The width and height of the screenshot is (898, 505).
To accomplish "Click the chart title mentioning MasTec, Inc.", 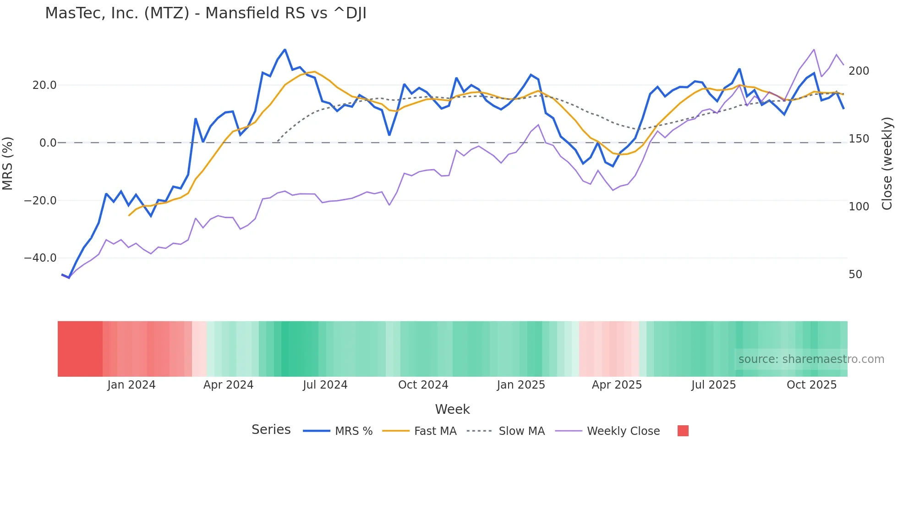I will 205,13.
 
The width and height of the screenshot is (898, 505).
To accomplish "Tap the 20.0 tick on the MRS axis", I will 44,85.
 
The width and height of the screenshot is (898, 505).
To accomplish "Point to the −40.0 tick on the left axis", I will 40,258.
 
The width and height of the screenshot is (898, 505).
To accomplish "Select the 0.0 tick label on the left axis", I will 48,143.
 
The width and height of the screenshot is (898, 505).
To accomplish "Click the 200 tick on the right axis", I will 859,71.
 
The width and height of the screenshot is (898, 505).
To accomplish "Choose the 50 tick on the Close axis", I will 855,274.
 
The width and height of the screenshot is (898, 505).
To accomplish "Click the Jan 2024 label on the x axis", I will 131,385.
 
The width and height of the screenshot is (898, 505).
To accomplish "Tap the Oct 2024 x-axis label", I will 423,385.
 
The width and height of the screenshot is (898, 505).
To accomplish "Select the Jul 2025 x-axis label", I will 713,385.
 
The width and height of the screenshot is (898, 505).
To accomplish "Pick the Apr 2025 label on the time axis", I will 617,385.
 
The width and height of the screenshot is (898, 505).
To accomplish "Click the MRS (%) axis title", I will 8,164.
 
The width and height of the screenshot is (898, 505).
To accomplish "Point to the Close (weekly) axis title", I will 887,164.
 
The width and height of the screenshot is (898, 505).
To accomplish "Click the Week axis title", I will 452,409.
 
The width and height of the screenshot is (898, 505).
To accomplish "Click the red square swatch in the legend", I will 683,431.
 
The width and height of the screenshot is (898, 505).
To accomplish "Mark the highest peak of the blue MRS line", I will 285,49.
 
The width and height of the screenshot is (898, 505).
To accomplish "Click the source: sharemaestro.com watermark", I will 811,359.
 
